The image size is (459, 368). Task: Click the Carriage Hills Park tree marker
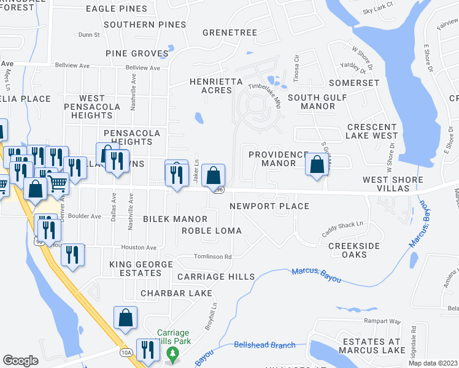point(172,354)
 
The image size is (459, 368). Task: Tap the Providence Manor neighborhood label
point(278,159)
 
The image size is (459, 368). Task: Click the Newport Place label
point(269,206)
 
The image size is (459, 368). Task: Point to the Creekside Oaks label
point(353,251)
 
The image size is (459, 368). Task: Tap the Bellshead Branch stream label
point(264,345)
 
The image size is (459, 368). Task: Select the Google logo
point(20,361)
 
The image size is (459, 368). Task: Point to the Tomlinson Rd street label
point(212,257)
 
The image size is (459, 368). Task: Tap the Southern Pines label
point(145,25)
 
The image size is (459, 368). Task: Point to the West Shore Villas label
point(393,184)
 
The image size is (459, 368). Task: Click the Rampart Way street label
point(381,321)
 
